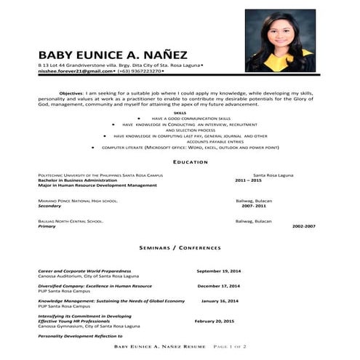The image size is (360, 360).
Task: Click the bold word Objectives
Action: [71, 93]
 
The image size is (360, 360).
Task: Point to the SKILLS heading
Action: [180, 113]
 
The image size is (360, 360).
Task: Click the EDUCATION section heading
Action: [180, 161]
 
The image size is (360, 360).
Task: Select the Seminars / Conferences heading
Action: [180, 247]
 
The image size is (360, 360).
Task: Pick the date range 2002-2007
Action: [304, 226]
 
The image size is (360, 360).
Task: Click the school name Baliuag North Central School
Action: [71, 220]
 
